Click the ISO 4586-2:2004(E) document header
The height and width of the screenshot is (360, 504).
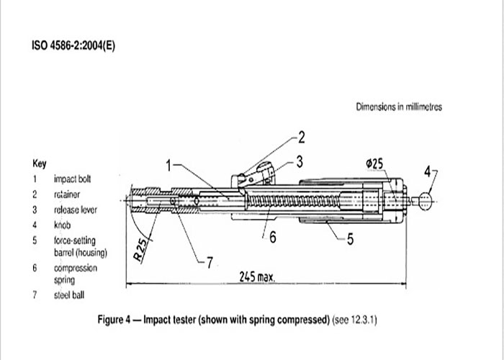[73, 45]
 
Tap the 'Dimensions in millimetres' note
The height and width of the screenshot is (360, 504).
[399, 107]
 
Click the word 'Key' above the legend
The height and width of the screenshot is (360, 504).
[39, 163]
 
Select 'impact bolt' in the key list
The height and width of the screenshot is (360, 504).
[72, 179]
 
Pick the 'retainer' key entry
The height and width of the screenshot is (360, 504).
[67, 194]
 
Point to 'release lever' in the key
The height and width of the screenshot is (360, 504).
[76, 210]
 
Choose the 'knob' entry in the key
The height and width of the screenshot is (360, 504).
[62, 225]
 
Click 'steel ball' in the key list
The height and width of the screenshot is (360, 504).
[69, 294]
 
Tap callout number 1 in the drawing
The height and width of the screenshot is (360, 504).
[168, 166]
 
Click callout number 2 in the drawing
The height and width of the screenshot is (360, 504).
[301, 138]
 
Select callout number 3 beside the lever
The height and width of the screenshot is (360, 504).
[300, 162]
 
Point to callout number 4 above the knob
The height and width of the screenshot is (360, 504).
[427, 171]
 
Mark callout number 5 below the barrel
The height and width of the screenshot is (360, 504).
[351, 239]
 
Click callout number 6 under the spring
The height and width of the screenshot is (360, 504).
[273, 237]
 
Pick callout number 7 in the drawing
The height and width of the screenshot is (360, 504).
[210, 263]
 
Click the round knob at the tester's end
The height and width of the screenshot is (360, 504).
[425, 201]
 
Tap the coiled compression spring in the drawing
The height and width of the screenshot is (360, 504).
[294, 201]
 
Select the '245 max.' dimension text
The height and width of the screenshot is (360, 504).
[257, 276]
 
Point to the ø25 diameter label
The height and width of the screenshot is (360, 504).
[374, 164]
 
